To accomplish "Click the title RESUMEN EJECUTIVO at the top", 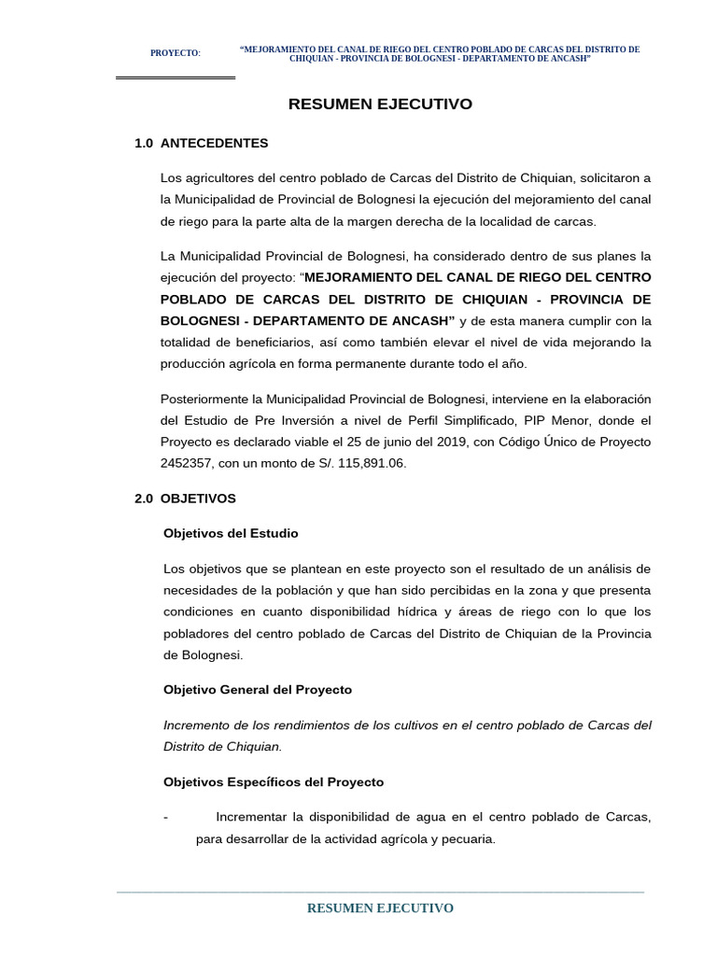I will (x=380, y=105).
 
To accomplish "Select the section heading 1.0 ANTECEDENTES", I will (x=202, y=144).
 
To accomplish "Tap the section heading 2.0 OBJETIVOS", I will (x=186, y=499).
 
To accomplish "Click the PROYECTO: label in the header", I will (x=176, y=53).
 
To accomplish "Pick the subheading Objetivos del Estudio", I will (x=231, y=533).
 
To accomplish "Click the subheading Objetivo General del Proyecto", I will (x=258, y=690).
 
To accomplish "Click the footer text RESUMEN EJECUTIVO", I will (x=380, y=908).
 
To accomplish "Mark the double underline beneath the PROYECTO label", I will (x=176, y=77).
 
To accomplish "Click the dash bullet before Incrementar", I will (x=165, y=818).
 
